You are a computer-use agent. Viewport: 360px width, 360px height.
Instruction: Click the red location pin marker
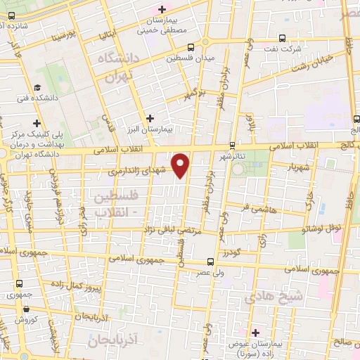tap(181, 165)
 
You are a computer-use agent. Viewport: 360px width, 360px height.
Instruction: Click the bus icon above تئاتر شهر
tap(232, 146)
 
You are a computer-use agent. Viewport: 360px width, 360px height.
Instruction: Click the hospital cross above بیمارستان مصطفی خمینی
tap(162, 9)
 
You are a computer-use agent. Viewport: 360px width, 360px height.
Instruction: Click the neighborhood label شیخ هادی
tap(275, 297)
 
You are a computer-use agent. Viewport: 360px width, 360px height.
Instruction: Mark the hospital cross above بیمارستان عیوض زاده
tap(255, 332)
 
